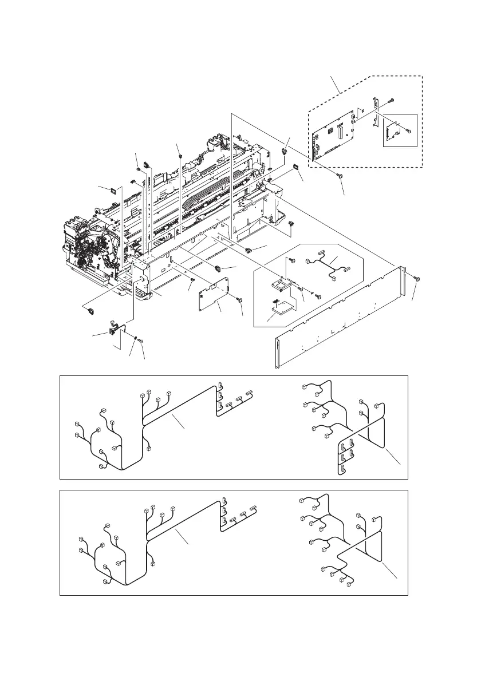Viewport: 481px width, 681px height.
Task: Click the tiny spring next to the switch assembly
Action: coord(135,338)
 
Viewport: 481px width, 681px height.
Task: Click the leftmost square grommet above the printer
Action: coord(113,188)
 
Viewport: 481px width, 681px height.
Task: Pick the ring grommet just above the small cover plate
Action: coord(218,267)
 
